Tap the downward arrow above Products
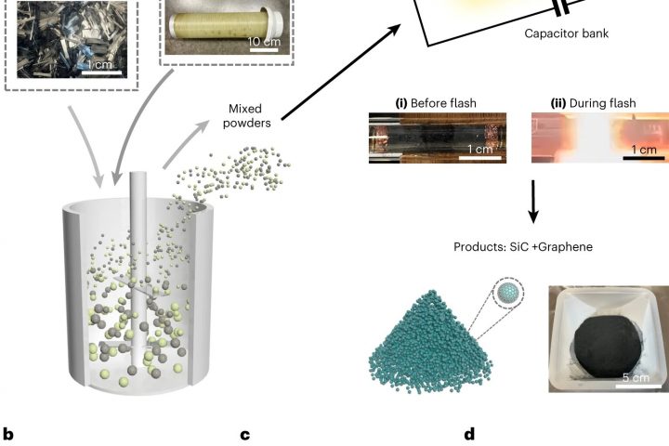point(533,204)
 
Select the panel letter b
point(9,434)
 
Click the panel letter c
point(245,434)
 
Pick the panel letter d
point(470,434)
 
